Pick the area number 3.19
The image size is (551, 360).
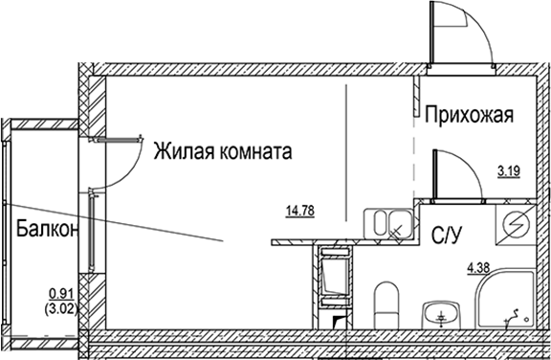[507, 172]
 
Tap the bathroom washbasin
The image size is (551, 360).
[440, 313]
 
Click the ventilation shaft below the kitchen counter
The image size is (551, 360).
[335, 277]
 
